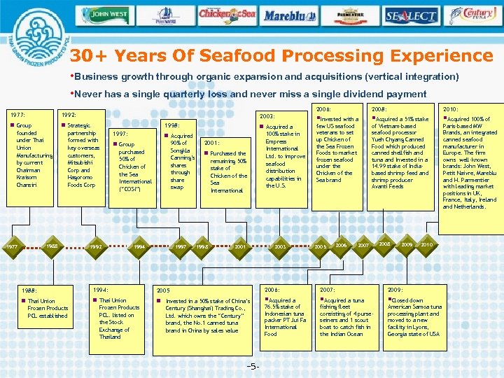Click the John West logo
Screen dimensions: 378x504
[x=109, y=13]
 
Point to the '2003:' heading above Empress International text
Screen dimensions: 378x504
[x=267, y=115]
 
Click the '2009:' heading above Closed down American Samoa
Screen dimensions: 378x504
[x=395, y=289]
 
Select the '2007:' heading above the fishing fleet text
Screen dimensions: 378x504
[x=327, y=289]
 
